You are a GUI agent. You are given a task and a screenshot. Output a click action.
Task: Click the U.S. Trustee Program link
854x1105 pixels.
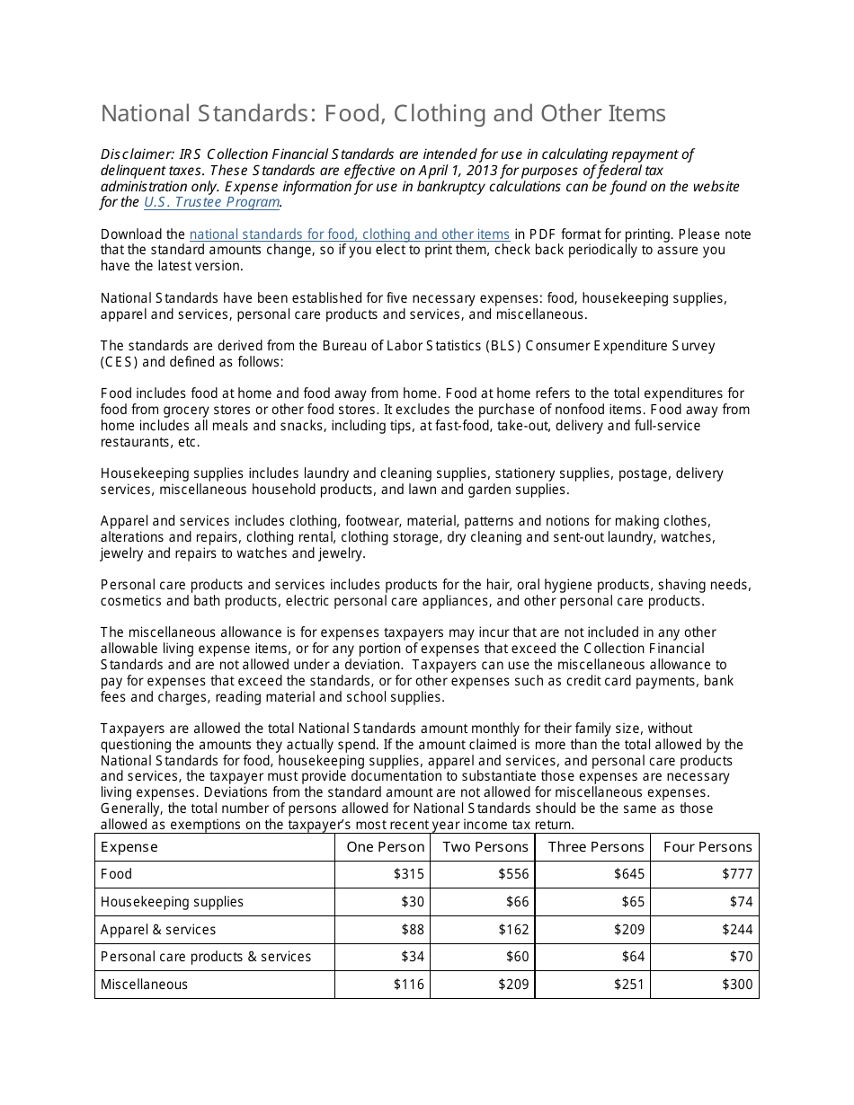point(211,202)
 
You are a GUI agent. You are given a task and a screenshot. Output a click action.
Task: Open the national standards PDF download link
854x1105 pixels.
point(349,234)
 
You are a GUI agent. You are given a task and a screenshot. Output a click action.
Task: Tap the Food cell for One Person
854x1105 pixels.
point(409,874)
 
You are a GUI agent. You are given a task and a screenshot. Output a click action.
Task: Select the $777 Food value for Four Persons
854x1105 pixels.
point(737,874)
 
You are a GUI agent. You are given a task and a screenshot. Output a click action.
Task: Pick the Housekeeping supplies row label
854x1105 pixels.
point(172,902)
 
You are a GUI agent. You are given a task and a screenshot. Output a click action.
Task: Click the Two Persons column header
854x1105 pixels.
point(485,847)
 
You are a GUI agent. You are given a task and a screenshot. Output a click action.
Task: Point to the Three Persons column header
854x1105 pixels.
point(595,847)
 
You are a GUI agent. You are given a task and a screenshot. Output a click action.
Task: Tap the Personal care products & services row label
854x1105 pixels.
point(206,957)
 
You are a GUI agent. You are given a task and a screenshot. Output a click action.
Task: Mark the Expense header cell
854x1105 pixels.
point(129,847)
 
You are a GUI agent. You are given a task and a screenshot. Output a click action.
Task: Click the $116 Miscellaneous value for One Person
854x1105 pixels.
point(409,985)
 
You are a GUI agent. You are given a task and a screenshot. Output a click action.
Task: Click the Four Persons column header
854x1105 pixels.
point(707,847)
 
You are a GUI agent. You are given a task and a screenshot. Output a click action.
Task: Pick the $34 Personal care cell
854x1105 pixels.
point(413,957)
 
